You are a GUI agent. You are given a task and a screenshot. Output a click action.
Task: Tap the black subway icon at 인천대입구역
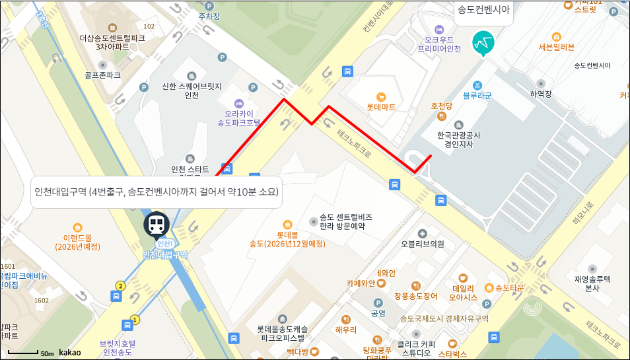pyautogui.click(x=157, y=225)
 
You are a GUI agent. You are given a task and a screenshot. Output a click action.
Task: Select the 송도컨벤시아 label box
pyautogui.click(x=484, y=10)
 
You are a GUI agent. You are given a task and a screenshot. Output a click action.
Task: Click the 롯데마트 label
pyautogui.click(x=381, y=106)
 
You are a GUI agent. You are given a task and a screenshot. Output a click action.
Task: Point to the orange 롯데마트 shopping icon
pyautogui.click(x=380, y=96)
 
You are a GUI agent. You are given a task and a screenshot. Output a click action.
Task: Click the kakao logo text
pyautogui.click(x=70, y=353)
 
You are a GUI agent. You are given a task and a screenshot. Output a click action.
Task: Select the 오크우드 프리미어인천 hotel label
pyautogui.click(x=438, y=44)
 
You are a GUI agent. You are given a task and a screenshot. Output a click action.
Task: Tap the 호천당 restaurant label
pyautogui.click(x=441, y=106)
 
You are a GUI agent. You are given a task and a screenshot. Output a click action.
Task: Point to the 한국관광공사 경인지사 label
pyautogui.click(x=459, y=139)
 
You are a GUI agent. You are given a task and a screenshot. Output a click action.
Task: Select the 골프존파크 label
pyautogui.click(x=103, y=75)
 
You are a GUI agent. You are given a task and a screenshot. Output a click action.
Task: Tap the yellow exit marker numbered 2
pyautogui.click(x=120, y=286)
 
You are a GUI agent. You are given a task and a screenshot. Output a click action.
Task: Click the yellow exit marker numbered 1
pyautogui.click(x=135, y=320)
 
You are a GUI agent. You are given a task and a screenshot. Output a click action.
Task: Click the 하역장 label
pyautogui.click(x=540, y=94)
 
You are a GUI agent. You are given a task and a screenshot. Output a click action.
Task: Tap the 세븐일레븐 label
pyautogui.click(x=557, y=47)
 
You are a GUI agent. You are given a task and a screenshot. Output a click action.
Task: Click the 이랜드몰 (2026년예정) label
pyautogui.click(x=78, y=242)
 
